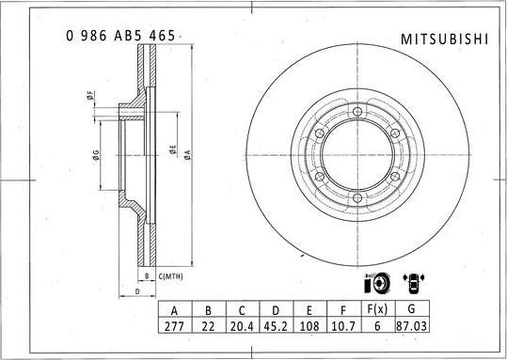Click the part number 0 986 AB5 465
pyautogui.click(x=120, y=36)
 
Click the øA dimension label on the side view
pyautogui.click(x=188, y=155)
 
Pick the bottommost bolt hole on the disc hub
pyautogui.click(x=358, y=198)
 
